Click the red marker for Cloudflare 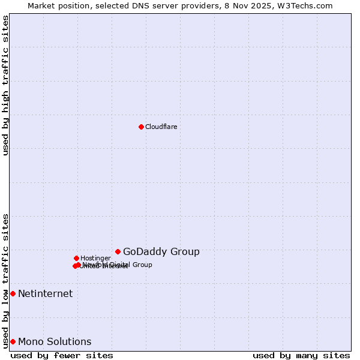point(141,127)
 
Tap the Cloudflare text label point(161,127)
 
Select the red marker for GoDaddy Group point(118,251)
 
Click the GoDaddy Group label point(161,251)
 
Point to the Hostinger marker point(76,258)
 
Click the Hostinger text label point(95,258)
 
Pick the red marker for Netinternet point(13,293)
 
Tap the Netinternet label point(45,293)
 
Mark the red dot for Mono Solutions point(13,341)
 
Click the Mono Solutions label point(55,341)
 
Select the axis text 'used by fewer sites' point(62,355)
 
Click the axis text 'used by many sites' point(301,355)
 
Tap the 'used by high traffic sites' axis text point(6,85)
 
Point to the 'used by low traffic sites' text point(6,280)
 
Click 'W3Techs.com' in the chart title point(307,5)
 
